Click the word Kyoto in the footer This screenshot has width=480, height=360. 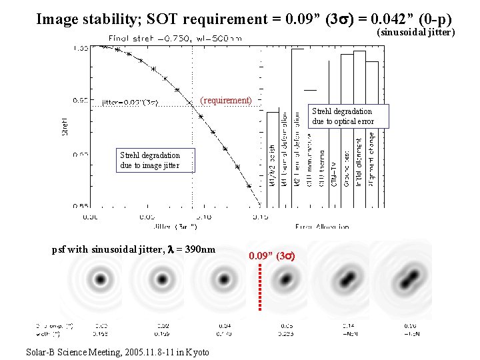197,351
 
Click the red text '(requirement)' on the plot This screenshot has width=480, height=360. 226,101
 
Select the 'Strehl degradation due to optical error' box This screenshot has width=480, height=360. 342,116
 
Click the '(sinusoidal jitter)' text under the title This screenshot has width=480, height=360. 416,32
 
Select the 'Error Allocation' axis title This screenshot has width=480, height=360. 321,227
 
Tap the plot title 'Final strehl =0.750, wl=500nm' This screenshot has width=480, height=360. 175,39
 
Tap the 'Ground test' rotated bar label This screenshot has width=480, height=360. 347,167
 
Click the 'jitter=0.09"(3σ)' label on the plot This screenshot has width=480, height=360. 131,103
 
